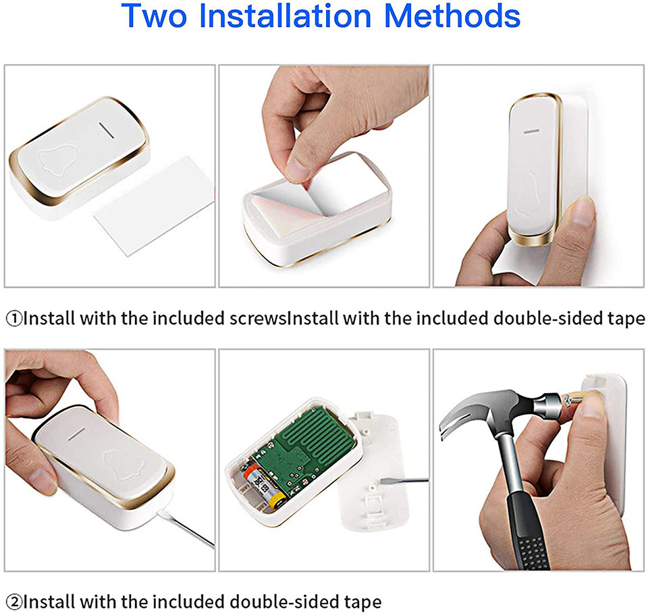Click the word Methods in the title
[x=452, y=16]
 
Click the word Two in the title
[x=154, y=16]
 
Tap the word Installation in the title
[x=285, y=16]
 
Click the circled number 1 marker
[x=14, y=318]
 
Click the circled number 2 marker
[x=14, y=602]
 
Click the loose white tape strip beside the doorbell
[x=155, y=206]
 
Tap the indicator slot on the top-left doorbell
[x=106, y=129]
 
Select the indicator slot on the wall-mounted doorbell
[x=531, y=132]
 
